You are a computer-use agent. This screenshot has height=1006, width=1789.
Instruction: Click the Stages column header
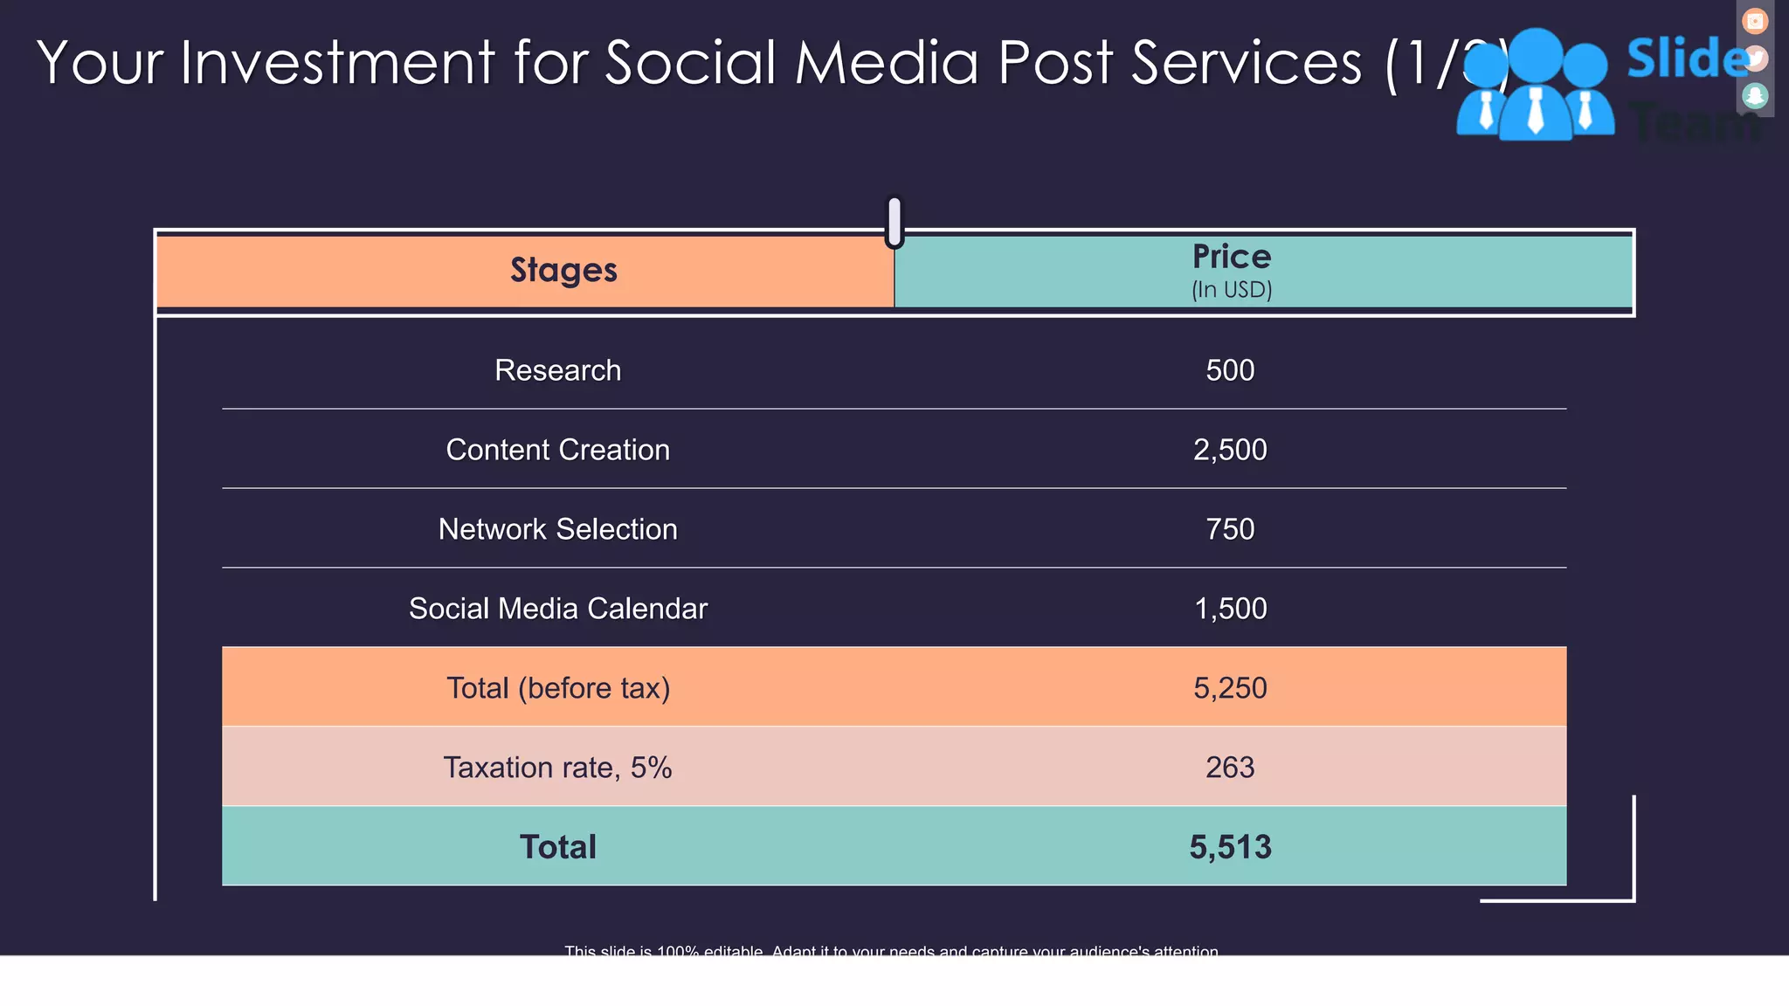point(563,271)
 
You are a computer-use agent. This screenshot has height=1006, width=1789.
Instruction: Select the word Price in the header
point(1232,257)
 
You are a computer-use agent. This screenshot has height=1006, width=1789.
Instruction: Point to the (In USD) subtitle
point(1232,290)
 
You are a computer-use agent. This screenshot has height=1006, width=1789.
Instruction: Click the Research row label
point(558,370)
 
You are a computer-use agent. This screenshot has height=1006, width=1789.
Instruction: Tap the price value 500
point(1230,370)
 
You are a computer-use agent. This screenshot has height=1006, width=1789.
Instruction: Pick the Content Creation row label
point(558,450)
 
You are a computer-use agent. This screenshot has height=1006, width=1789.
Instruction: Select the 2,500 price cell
point(1230,450)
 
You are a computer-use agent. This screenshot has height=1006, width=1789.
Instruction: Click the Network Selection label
point(558,529)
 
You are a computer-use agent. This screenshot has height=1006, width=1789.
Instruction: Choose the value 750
point(1230,529)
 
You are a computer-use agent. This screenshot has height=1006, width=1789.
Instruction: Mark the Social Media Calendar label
point(558,609)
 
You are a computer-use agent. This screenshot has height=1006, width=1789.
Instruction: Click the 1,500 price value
point(1230,609)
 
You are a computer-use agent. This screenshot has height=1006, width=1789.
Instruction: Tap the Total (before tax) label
point(558,688)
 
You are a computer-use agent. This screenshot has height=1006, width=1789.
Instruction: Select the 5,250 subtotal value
point(1230,688)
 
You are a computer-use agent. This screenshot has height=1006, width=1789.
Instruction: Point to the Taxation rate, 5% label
point(558,768)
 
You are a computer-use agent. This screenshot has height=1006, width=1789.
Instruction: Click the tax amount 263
point(1230,768)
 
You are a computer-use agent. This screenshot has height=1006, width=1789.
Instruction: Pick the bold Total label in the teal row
point(558,847)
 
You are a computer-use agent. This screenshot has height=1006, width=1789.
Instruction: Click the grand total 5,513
point(1230,847)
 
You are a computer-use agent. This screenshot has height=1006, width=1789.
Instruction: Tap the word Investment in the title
point(338,63)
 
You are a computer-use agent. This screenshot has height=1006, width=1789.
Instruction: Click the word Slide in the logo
point(1686,59)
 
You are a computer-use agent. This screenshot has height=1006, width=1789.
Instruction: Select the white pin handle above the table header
point(894,220)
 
